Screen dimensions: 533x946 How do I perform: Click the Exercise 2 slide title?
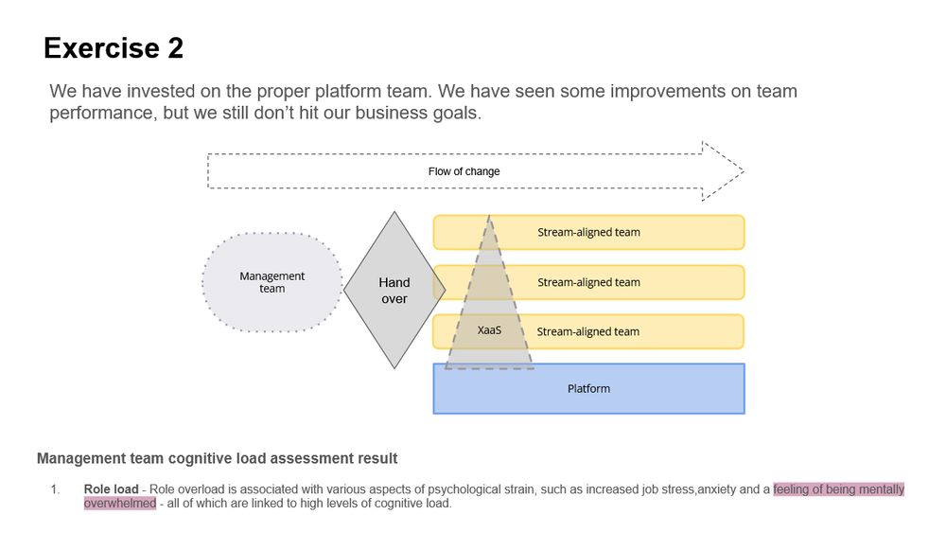coord(114,48)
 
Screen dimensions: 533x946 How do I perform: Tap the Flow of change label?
coord(464,171)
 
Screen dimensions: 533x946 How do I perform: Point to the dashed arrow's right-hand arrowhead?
coord(724,171)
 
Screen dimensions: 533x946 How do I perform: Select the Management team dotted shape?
coord(272,282)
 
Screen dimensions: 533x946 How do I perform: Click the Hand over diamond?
coord(394,290)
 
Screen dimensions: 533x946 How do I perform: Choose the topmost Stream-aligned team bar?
coord(615,232)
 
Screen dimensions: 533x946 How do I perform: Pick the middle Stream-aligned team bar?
coord(615,282)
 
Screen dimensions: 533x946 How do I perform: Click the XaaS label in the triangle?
coord(489,330)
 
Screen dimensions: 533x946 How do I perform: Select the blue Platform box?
coord(588,389)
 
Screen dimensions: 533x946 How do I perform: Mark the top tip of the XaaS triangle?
coord(489,216)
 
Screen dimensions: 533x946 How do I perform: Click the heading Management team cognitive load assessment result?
coord(217,458)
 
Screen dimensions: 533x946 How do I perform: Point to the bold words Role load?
coord(111,489)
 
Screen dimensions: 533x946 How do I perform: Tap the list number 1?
coord(54,489)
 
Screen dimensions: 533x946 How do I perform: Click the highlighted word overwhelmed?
coord(119,504)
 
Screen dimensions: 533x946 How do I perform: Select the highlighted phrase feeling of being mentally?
coord(838,489)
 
